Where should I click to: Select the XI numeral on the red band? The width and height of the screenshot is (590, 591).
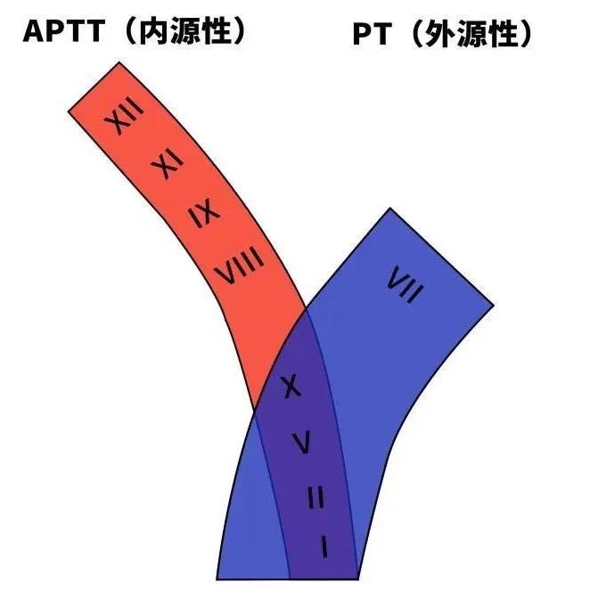(x=167, y=166)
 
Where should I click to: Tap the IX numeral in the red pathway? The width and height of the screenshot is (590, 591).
(x=204, y=214)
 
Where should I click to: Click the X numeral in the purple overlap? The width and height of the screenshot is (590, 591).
(x=289, y=387)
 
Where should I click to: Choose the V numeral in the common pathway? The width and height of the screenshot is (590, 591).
(x=302, y=441)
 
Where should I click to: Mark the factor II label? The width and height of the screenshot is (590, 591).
(x=315, y=497)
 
